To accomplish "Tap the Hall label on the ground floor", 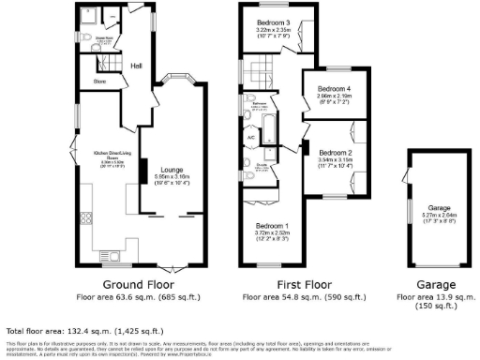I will [x=137, y=66].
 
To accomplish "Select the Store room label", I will [x=99, y=82].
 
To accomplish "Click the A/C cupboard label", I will [x=250, y=138].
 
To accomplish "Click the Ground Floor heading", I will [x=122, y=285].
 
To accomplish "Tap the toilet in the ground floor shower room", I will [x=111, y=17].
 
